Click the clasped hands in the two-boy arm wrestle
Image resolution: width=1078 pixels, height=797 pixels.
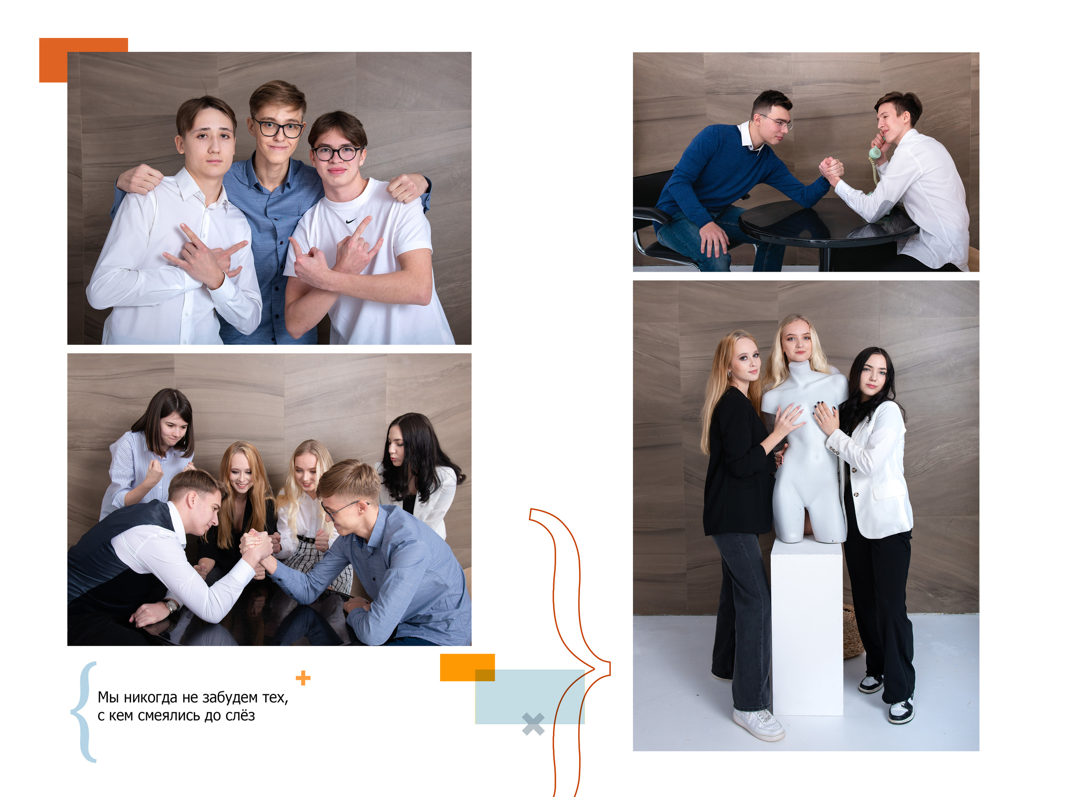(830, 170)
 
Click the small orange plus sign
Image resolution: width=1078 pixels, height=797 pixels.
(303, 678)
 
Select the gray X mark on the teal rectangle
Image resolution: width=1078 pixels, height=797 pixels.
(533, 724)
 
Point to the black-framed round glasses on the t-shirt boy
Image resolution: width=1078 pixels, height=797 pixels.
(336, 153)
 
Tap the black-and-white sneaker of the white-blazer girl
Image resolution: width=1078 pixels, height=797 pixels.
(901, 709)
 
